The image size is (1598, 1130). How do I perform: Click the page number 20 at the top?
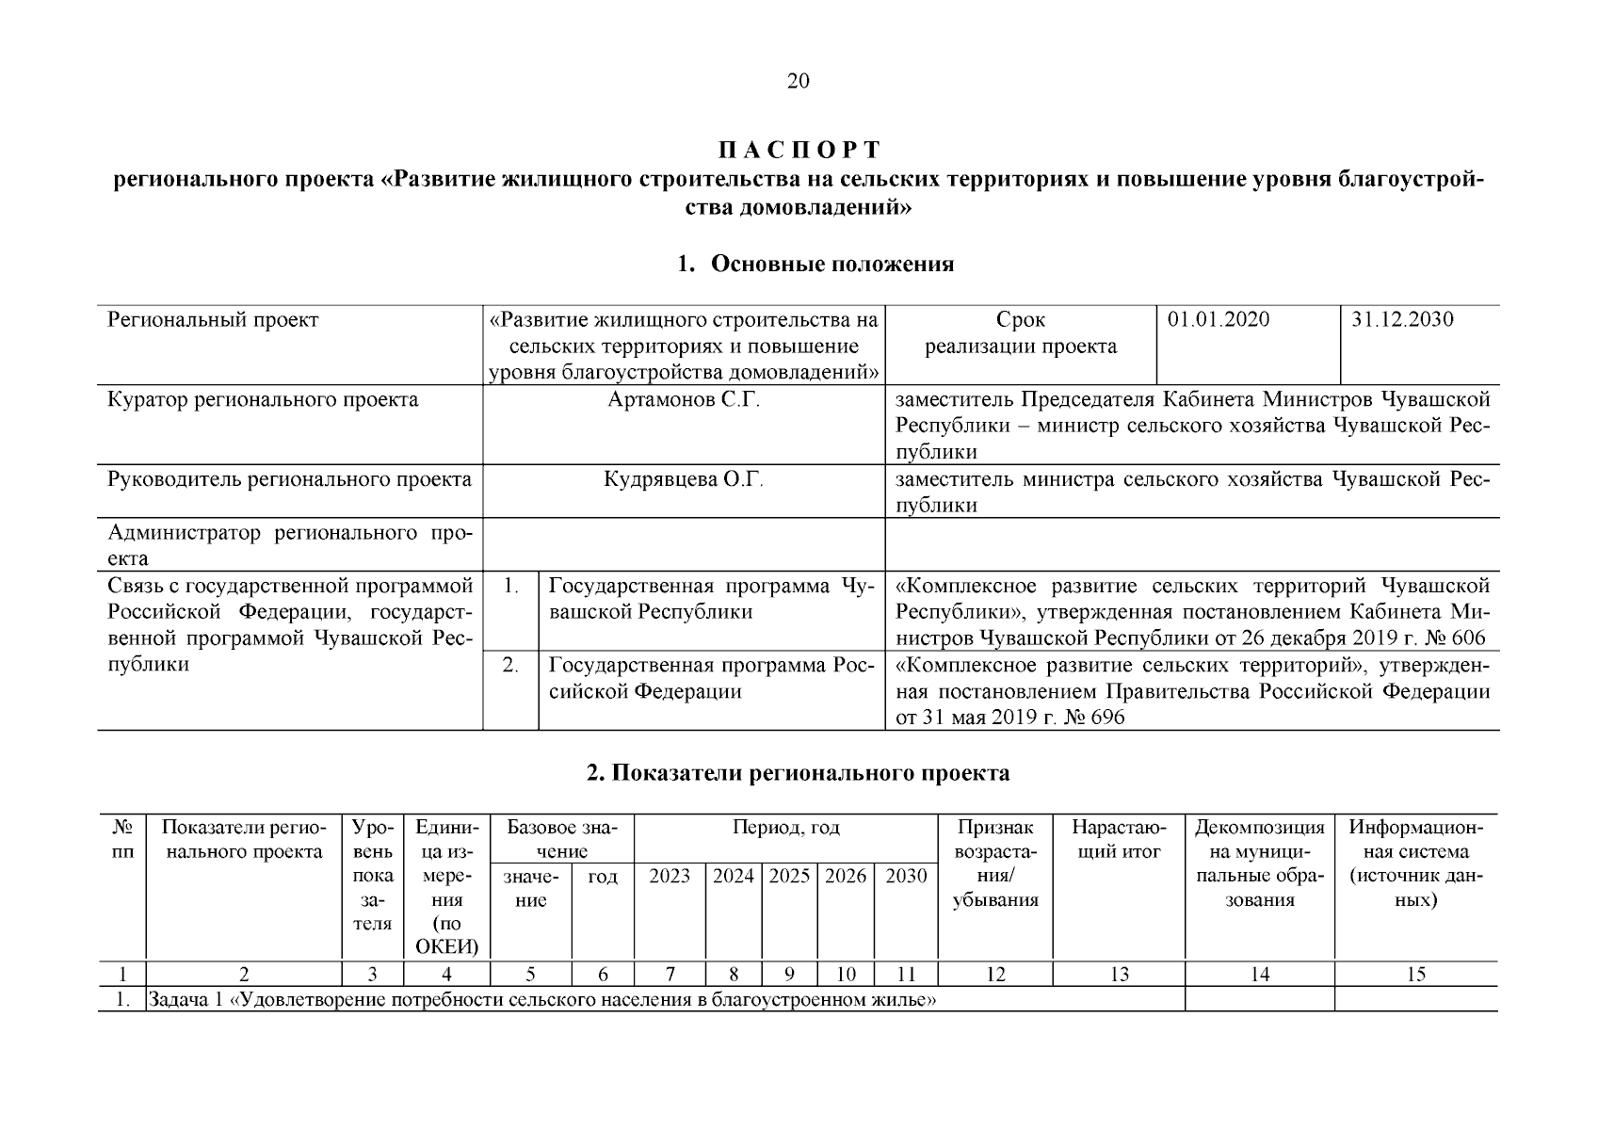(x=798, y=81)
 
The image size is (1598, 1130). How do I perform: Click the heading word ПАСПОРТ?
(x=799, y=151)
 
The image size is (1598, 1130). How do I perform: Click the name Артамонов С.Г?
(x=684, y=400)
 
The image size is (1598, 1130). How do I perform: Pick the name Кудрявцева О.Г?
(x=684, y=480)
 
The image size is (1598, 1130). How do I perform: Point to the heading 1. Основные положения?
(x=815, y=265)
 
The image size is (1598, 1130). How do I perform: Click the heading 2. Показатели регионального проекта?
(x=798, y=774)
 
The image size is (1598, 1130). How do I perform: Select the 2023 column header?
(x=670, y=877)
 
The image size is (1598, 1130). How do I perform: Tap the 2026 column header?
(x=846, y=877)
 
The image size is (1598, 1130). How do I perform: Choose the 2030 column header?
(x=906, y=877)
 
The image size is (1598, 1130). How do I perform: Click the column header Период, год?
(x=786, y=829)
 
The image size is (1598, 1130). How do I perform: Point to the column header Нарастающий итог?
(x=1119, y=840)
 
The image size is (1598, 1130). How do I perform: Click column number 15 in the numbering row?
(x=1415, y=975)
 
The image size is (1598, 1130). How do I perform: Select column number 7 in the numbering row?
(x=670, y=975)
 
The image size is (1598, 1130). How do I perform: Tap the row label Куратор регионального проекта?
(x=264, y=400)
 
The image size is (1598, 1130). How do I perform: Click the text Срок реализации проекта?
(x=1021, y=333)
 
